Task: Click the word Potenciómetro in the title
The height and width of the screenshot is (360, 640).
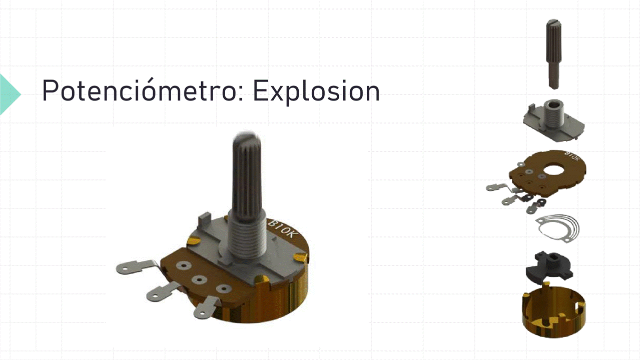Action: pos(143,90)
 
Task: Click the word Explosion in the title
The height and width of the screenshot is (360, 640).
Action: pos(316,91)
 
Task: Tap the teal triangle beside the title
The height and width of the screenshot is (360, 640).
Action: pos(10,94)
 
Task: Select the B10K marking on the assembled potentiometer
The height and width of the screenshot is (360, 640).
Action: pos(283,229)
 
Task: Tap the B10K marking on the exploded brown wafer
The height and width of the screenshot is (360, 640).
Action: pos(572,156)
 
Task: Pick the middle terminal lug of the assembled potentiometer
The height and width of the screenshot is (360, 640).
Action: pos(162,291)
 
